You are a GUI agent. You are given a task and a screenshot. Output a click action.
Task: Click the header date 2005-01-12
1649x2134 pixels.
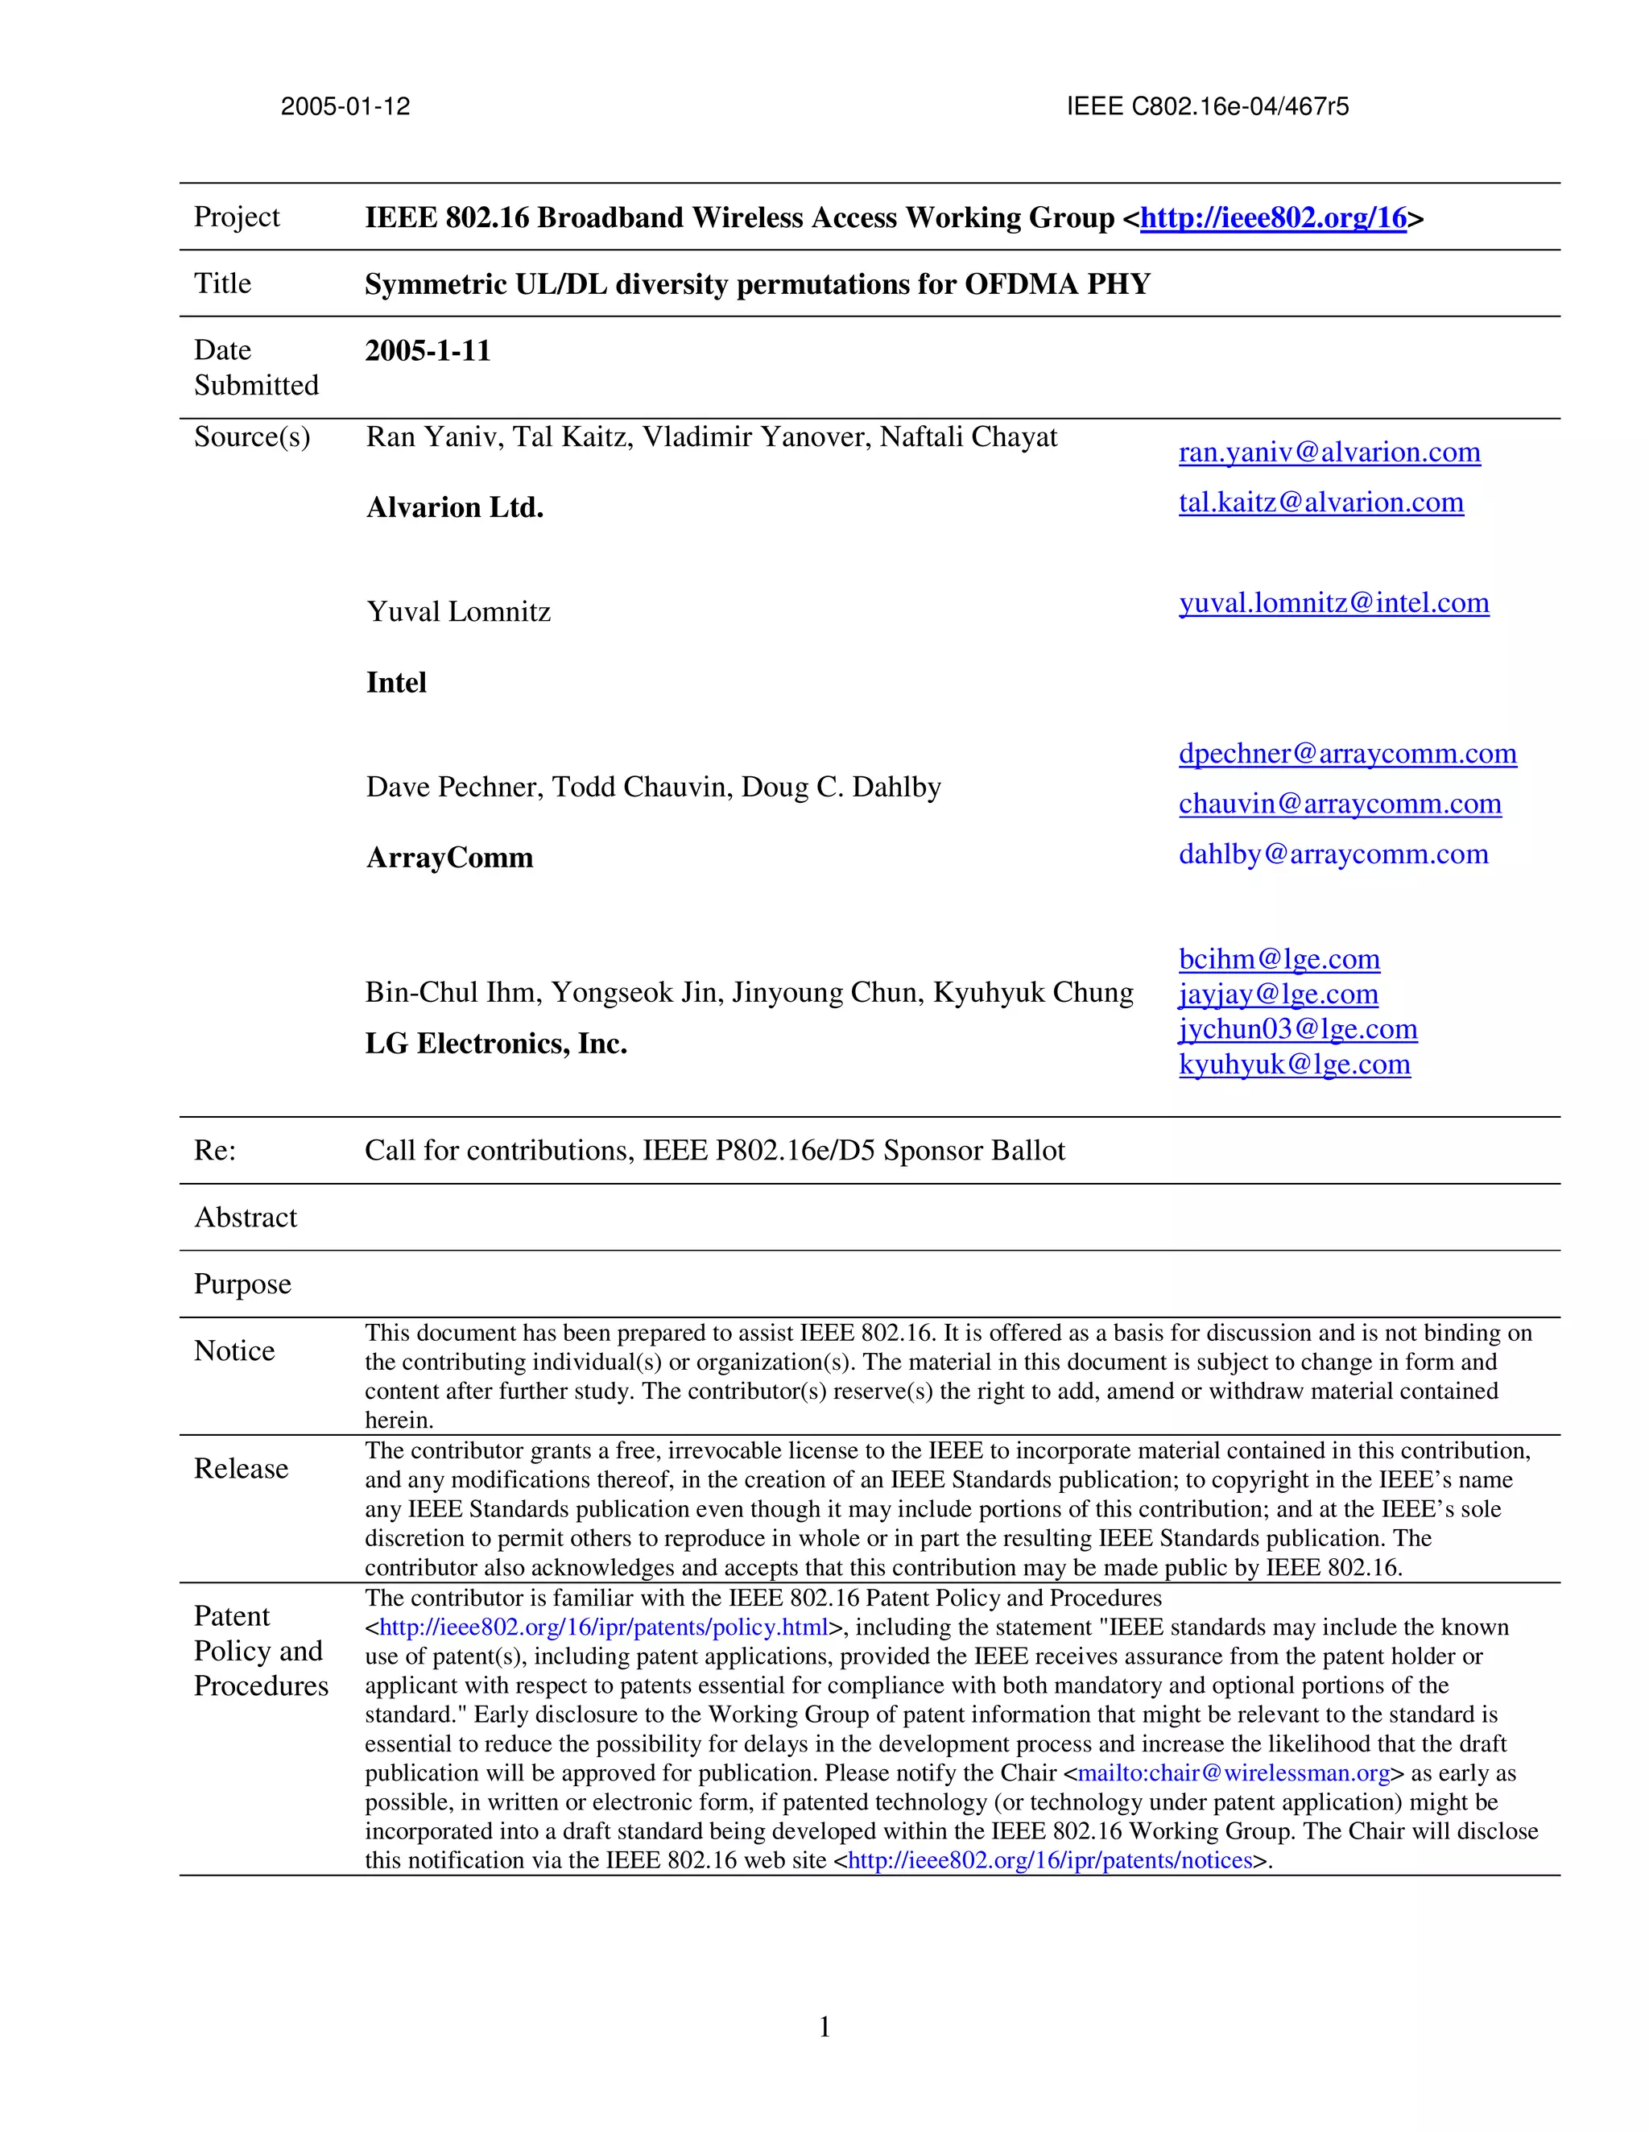point(345,106)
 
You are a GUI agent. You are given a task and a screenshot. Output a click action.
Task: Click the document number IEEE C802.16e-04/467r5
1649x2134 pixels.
point(1208,106)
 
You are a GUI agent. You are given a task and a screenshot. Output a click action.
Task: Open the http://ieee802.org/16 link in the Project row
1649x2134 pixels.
point(1273,218)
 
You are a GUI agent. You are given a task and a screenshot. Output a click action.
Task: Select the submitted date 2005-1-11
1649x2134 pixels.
point(428,351)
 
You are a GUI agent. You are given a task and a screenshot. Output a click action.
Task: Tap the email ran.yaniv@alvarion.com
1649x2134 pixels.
point(1329,453)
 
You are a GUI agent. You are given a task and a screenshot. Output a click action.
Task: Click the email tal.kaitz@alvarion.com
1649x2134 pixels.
point(1320,502)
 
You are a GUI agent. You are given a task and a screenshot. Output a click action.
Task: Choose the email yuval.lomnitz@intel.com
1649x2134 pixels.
point(1333,603)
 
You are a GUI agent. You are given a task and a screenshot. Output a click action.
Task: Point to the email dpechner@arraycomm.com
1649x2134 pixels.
point(1347,754)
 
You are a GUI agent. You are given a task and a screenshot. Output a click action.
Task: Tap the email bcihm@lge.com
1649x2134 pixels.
point(1279,960)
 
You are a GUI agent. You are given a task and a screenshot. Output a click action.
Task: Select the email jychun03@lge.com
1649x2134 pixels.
point(1297,1029)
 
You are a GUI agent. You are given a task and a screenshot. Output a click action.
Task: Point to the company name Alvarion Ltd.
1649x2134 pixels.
point(454,508)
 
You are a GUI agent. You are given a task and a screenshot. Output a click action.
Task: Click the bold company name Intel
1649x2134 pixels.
point(395,683)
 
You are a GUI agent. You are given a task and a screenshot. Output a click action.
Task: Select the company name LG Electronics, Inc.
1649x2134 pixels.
point(495,1044)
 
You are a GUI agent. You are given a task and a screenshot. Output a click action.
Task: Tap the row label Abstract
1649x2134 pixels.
point(246,1218)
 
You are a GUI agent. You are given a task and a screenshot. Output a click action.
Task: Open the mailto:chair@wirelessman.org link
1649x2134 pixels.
point(1233,1773)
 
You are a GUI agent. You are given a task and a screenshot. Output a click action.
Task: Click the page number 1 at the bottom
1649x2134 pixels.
point(824,2028)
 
